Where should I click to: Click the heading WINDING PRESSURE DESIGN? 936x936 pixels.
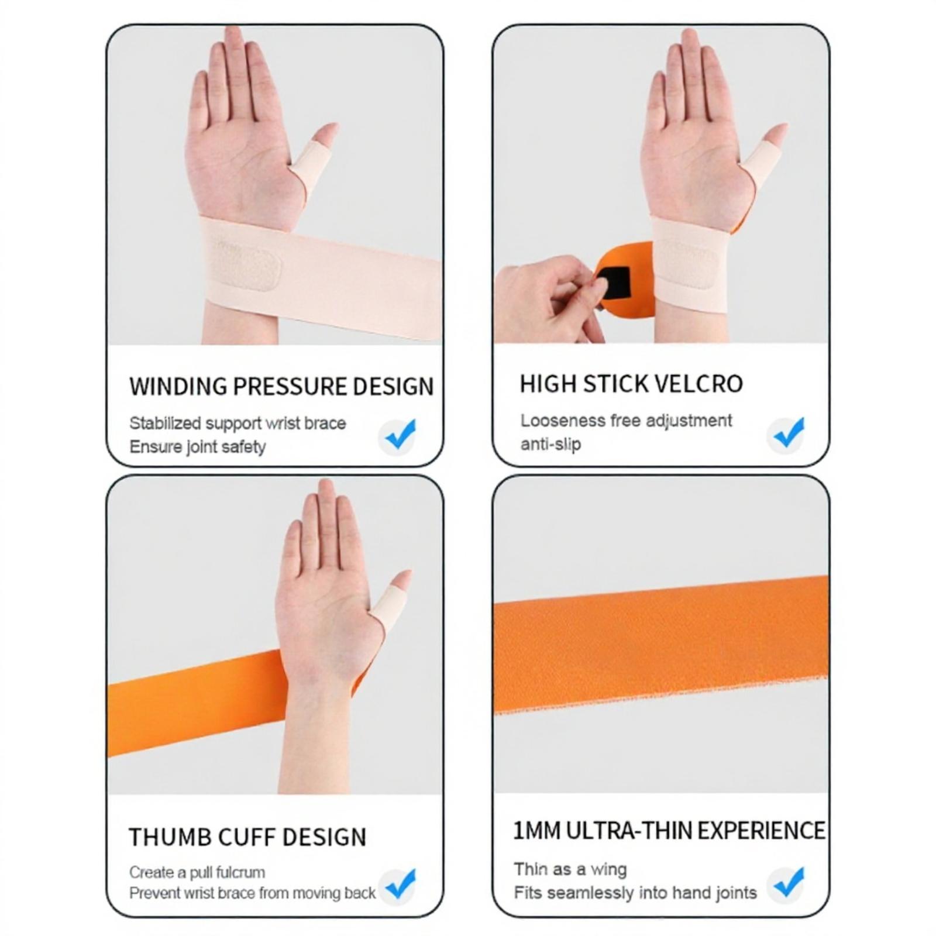(x=281, y=387)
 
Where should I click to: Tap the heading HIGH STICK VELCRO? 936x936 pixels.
(x=631, y=384)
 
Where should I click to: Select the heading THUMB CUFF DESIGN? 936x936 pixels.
(x=247, y=837)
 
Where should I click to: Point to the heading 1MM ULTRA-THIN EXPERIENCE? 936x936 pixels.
(x=669, y=831)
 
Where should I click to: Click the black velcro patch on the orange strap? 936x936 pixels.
(x=615, y=282)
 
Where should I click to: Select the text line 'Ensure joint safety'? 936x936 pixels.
(x=198, y=447)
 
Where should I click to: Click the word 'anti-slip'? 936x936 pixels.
(x=550, y=444)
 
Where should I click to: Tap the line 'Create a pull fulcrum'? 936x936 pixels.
(x=197, y=872)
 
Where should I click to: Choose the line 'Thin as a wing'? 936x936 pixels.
(x=570, y=869)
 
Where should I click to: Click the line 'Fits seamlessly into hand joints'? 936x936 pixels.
(x=635, y=893)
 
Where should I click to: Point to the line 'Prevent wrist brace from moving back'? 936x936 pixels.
(x=252, y=893)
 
